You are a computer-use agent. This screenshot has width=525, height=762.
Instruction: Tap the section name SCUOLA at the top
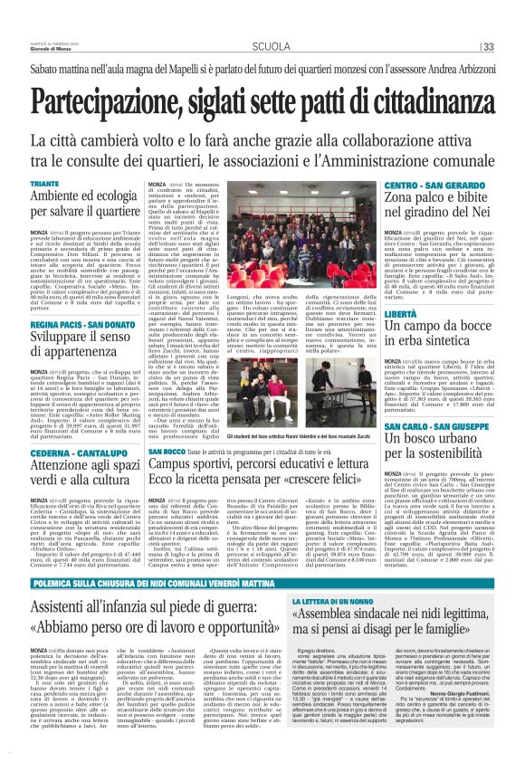click(x=271, y=46)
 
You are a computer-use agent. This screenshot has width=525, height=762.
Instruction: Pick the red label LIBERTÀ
click(x=400, y=313)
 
